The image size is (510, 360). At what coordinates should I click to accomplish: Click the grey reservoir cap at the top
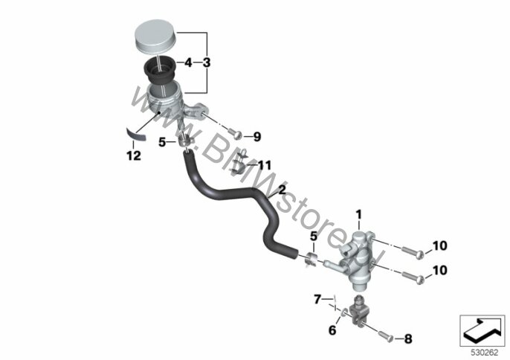tap(155, 35)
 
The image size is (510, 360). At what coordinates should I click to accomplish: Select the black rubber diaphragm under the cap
tap(159, 71)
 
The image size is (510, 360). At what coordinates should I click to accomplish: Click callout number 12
tap(134, 155)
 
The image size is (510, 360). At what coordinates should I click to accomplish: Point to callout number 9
tap(257, 137)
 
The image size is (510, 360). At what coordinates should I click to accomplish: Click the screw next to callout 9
tap(235, 133)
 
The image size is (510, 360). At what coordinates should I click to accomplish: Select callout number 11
tap(264, 165)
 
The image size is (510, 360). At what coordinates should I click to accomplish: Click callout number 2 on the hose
tap(282, 190)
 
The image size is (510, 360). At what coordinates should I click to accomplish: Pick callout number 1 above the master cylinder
tap(359, 215)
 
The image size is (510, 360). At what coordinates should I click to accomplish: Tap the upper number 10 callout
tap(440, 245)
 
